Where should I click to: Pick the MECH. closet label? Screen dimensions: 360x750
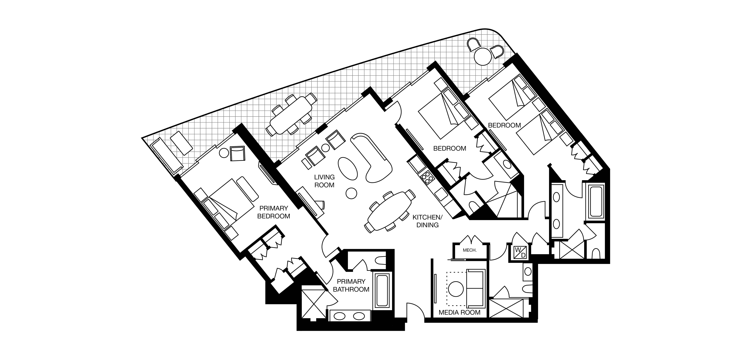point(470,250)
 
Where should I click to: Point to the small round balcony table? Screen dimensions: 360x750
point(483,57)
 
